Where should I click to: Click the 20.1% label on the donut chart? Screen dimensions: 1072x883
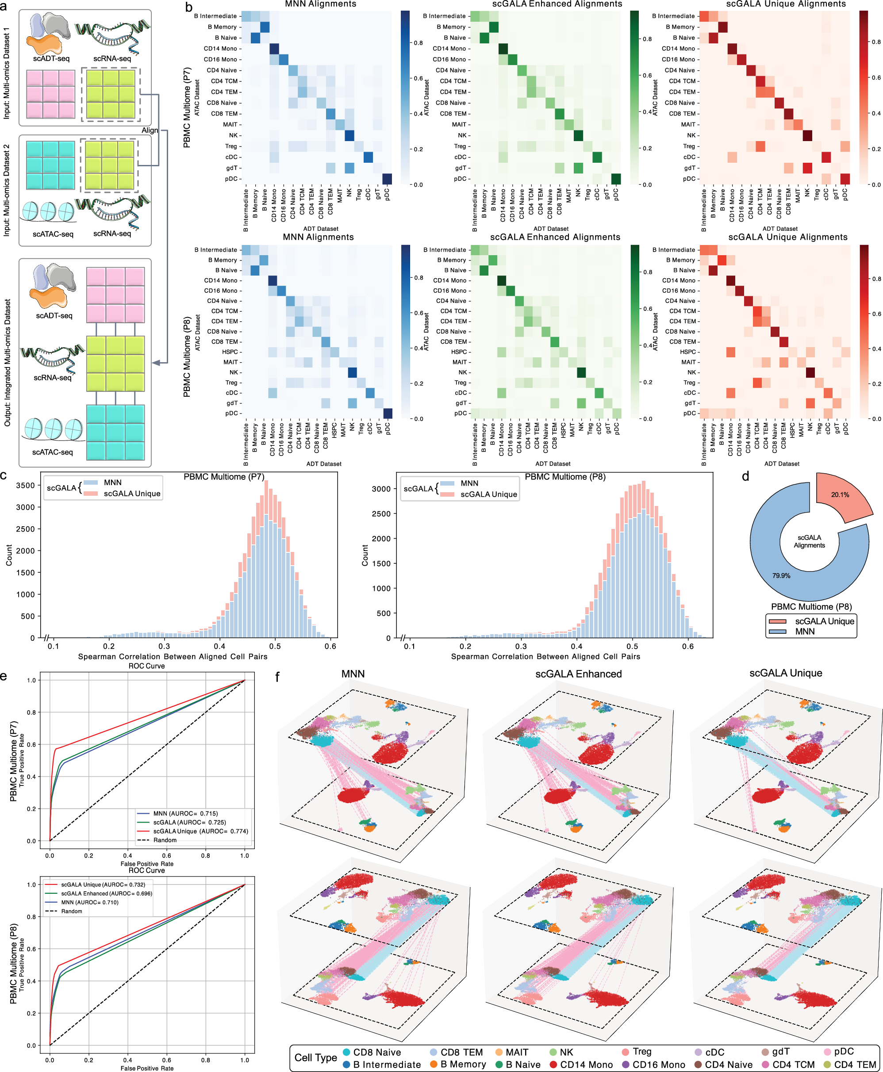click(x=840, y=494)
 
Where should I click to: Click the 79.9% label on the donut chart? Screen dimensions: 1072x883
click(x=781, y=576)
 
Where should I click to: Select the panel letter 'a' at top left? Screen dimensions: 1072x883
click(x=4, y=7)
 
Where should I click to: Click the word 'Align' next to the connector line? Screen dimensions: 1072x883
click(x=150, y=130)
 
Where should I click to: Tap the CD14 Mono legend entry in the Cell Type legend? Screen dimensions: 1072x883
click(x=586, y=1064)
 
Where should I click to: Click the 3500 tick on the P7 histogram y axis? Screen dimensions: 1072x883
click(x=25, y=485)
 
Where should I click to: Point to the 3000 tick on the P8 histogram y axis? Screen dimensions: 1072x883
click(x=381, y=489)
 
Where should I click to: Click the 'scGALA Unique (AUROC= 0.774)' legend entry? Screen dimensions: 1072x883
click(x=200, y=831)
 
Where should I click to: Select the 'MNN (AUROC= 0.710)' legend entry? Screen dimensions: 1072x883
click(x=89, y=902)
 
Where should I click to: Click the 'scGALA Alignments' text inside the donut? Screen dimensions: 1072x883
click(x=809, y=541)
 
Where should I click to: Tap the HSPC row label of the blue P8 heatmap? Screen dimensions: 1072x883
click(x=230, y=352)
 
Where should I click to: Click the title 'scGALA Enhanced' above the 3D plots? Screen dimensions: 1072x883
click(x=578, y=674)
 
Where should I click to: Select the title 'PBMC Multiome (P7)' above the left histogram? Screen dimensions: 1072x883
click(x=224, y=476)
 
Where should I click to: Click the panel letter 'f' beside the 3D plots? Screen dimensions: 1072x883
click(x=278, y=677)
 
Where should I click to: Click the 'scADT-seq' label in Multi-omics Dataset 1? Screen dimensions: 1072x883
click(x=51, y=58)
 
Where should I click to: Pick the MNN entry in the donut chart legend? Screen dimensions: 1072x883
click(x=805, y=631)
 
